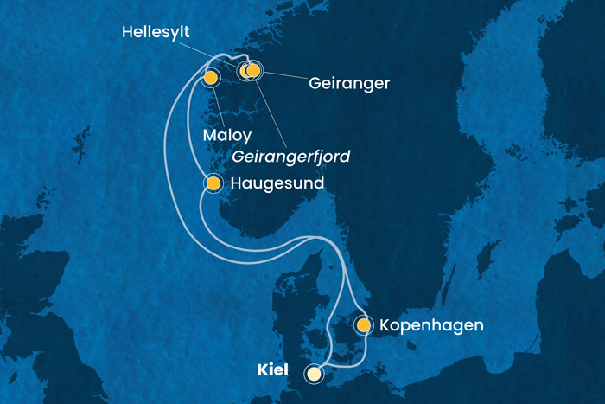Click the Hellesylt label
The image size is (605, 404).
(156, 33)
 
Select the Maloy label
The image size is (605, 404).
(228, 136)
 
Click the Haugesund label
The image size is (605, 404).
(277, 184)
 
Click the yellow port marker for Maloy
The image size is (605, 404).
(210, 78)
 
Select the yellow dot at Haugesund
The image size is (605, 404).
(213, 183)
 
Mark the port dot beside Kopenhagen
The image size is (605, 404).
(364, 325)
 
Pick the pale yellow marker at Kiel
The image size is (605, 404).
(314, 374)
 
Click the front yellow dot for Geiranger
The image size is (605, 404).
(253, 69)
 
